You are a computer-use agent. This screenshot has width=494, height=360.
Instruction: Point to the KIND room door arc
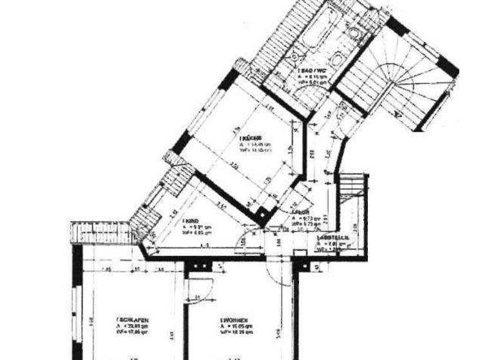tap(244, 240)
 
